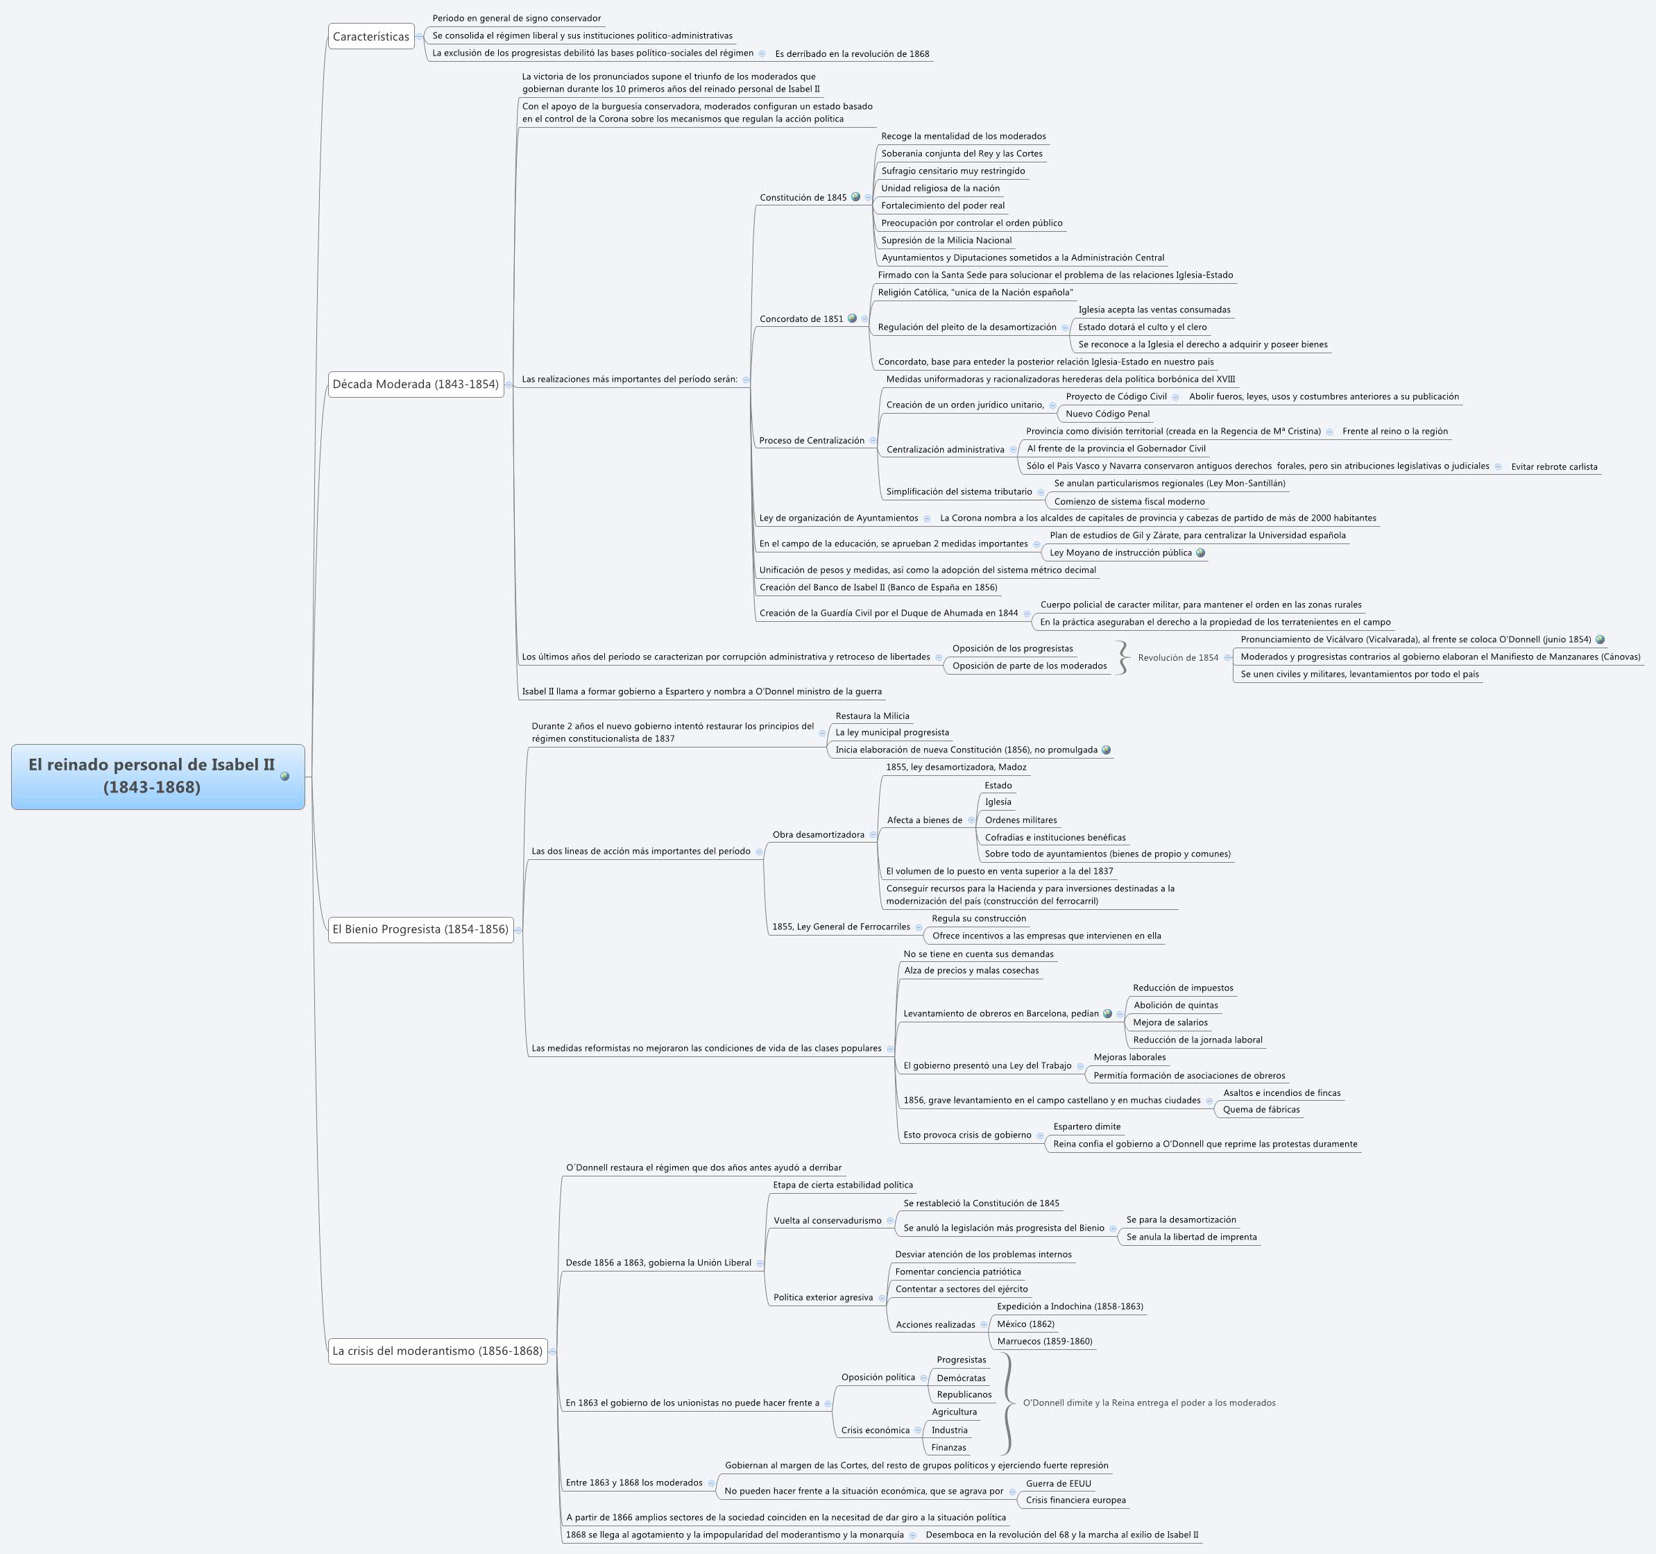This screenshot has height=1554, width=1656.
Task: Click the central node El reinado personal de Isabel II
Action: (x=152, y=776)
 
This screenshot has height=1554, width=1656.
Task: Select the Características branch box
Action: (x=370, y=37)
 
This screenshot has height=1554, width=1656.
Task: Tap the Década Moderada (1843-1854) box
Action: (x=415, y=384)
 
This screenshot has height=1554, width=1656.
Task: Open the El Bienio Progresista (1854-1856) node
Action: (x=420, y=929)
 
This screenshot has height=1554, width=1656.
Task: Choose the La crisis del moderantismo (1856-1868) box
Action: (x=437, y=1351)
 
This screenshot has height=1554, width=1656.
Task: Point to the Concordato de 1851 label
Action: (x=801, y=319)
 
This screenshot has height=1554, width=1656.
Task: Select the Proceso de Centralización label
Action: (x=811, y=441)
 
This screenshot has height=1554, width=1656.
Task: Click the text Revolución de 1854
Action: (x=1178, y=657)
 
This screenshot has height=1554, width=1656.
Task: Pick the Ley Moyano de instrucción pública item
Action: (x=1120, y=552)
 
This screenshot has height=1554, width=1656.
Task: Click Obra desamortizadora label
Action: (x=818, y=835)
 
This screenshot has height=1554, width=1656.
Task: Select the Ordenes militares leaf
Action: (x=1021, y=820)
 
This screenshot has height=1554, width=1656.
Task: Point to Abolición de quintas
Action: (x=1175, y=1005)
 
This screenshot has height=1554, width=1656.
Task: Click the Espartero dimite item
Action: (x=1086, y=1126)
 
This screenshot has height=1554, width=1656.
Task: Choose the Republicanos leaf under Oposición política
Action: (x=964, y=1394)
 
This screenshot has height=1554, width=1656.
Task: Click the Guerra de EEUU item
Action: (x=1058, y=1483)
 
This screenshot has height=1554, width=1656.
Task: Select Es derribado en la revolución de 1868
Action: (x=851, y=54)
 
